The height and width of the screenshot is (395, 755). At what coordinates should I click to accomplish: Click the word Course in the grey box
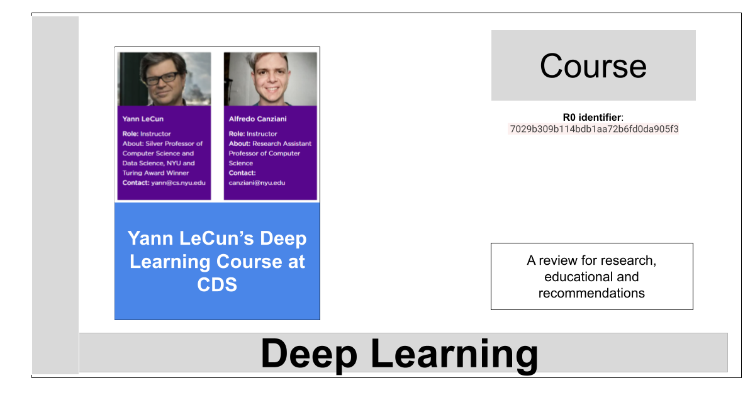pos(593,66)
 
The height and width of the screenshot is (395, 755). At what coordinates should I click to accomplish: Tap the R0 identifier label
pos(593,117)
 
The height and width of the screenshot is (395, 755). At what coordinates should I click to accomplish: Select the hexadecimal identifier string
pos(594,129)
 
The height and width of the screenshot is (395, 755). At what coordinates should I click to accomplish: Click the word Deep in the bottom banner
pos(309,354)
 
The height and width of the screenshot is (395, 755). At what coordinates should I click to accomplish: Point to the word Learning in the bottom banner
pos(454,355)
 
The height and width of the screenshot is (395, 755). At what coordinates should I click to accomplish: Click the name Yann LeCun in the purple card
pos(143,119)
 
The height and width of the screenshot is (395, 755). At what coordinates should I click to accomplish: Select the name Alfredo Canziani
pos(258,119)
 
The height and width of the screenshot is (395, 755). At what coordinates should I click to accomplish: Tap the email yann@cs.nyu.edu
pos(178,182)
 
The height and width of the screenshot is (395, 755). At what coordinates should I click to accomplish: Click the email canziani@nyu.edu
pos(257,182)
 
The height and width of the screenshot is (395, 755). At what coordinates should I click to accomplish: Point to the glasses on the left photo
pos(162,78)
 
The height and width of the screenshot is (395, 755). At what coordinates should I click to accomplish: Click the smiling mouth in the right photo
pos(272,90)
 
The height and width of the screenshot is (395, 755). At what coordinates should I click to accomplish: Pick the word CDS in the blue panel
pos(217,284)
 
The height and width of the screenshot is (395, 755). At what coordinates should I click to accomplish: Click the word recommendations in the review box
pos(591,293)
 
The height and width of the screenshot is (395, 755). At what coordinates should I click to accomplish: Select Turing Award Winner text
pos(156,173)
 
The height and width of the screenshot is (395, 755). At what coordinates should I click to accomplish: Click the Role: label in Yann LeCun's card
pos(130,134)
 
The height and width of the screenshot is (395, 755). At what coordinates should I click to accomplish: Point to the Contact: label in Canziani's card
pos(242,173)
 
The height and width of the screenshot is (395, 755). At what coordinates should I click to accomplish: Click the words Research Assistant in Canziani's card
pos(282,143)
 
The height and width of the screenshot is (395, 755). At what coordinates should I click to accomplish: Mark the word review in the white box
pos(558,260)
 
